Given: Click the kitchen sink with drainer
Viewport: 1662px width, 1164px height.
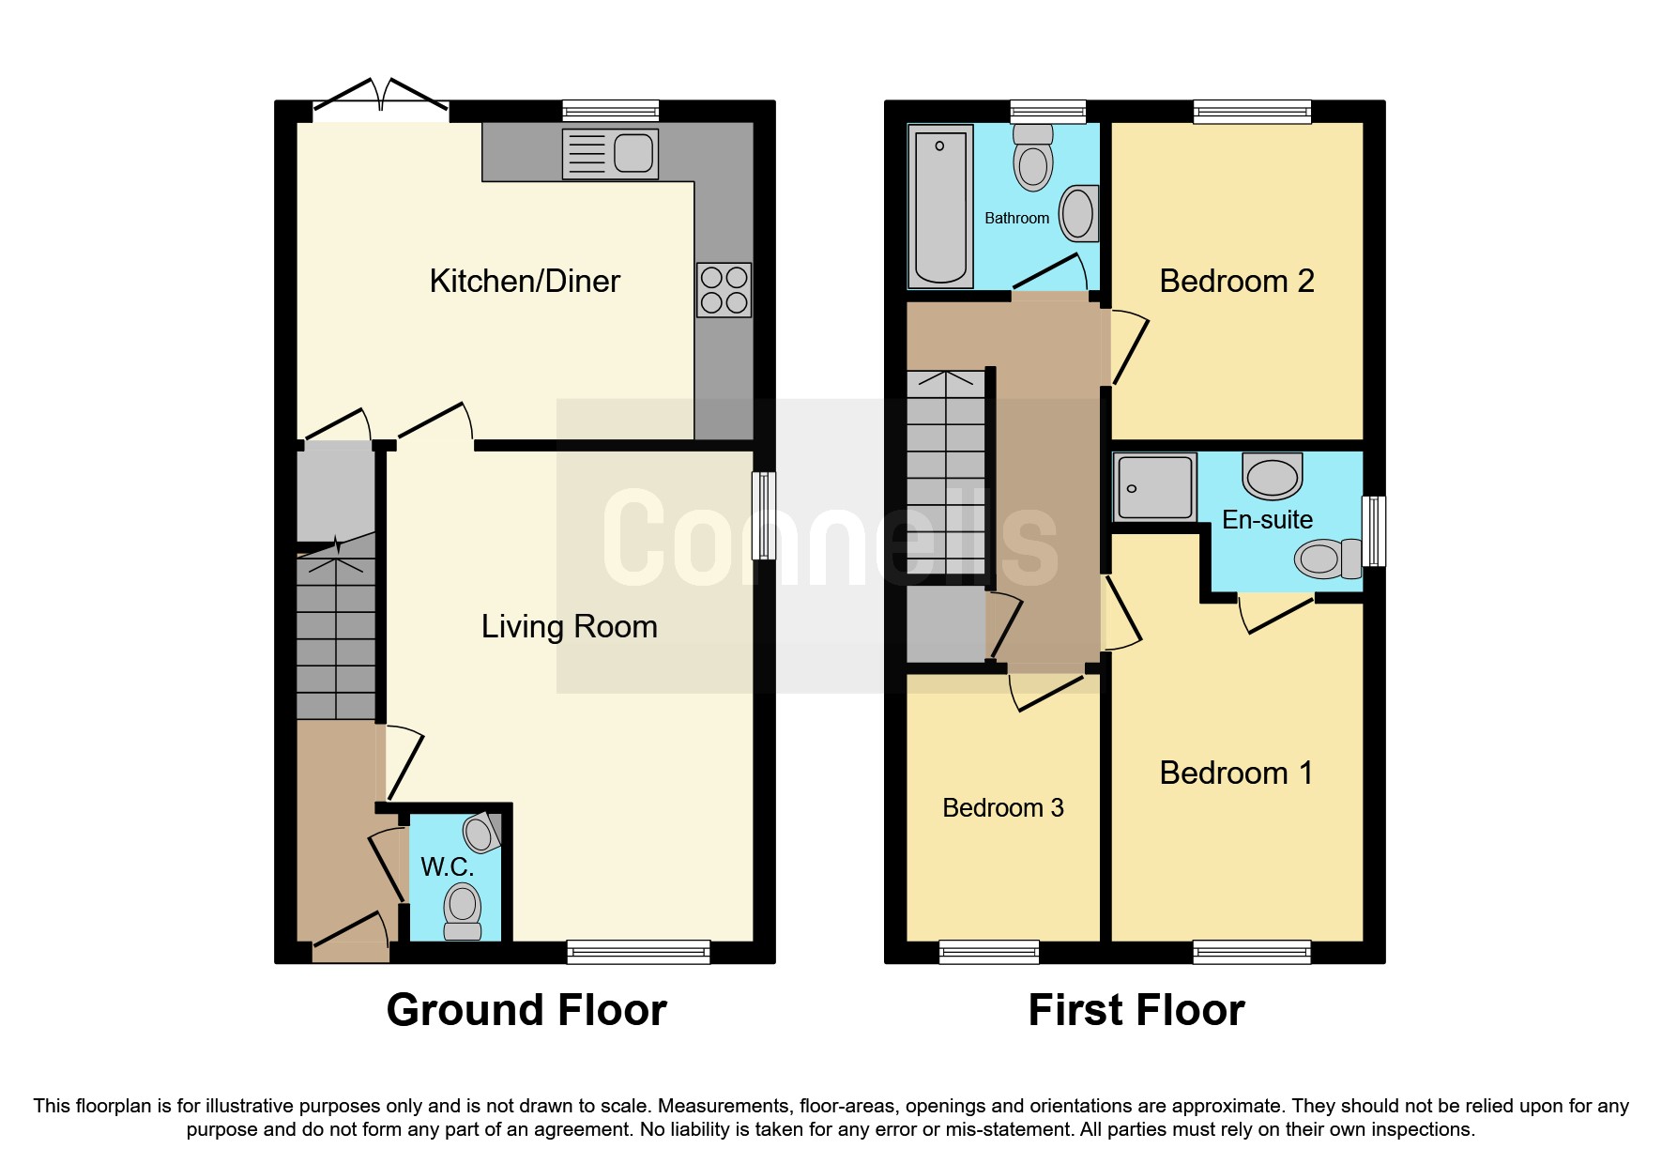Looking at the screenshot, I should pyautogui.click(x=610, y=153).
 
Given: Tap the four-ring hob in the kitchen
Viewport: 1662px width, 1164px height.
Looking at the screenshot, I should pyautogui.click(x=724, y=290).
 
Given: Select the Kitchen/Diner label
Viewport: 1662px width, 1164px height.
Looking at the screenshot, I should pyautogui.click(x=525, y=281).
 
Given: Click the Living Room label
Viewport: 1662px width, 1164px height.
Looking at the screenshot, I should pyautogui.click(x=569, y=626).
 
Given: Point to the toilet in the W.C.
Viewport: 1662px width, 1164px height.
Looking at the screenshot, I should pyautogui.click(x=462, y=911).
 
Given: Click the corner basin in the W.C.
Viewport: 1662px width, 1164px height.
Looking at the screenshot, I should pyautogui.click(x=481, y=832).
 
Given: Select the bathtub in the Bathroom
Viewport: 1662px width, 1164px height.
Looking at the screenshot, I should pyautogui.click(x=939, y=206).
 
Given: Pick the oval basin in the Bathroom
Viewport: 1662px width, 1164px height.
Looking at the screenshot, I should pyautogui.click(x=1078, y=213).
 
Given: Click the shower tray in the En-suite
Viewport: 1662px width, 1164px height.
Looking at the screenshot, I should pyautogui.click(x=1154, y=487).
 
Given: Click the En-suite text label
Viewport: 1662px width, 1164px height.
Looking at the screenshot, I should pyautogui.click(x=1267, y=519).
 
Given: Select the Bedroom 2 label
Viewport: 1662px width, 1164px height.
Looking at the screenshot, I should pyautogui.click(x=1236, y=281).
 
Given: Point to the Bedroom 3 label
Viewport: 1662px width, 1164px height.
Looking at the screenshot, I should pyautogui.click(x=1002, y=807).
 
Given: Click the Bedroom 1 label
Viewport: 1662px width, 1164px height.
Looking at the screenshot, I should pyautogui.click(x=1236, y=773).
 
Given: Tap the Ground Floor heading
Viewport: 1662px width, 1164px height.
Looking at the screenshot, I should pyautogui.click(x=526, y=1010).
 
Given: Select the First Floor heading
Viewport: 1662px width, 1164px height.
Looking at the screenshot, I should pyautogui.click(x=1136, y=1010).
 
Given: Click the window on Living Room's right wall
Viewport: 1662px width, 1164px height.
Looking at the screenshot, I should pyautogui.click(x=764, y=515).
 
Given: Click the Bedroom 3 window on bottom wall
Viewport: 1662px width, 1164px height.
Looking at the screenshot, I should pyautogui.click(x=988, y=952).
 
